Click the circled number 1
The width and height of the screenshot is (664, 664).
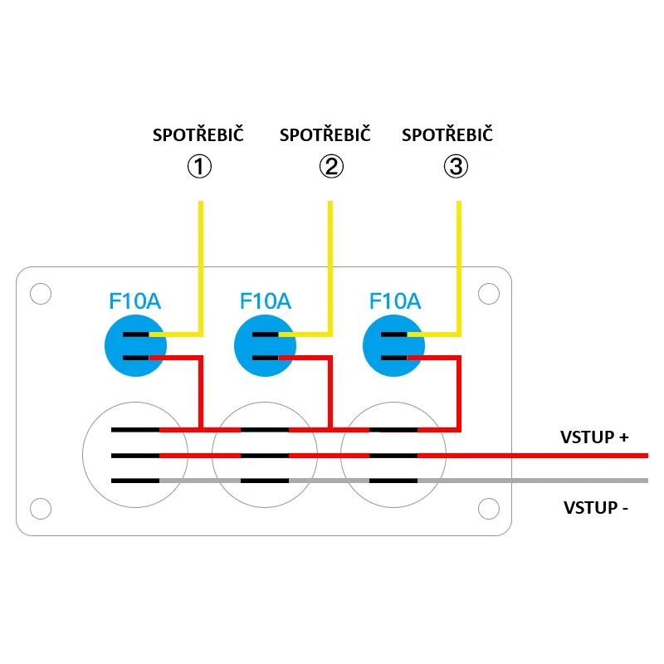pos(199,167)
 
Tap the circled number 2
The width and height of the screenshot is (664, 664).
pos(331,167)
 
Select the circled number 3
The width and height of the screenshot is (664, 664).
pos(456,167)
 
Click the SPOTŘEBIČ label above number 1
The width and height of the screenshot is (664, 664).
pos(198,135)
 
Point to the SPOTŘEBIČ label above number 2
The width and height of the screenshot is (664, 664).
pos(325,135)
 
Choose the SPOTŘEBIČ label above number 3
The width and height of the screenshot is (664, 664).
pos(447,135)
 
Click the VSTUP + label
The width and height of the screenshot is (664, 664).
pos(594,437)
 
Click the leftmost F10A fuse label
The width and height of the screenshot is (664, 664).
pos(135,300)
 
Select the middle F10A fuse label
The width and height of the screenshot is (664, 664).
pos(265,300)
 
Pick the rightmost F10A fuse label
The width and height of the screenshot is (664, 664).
pos(395,300)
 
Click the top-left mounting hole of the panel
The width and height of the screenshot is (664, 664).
pos(40,294)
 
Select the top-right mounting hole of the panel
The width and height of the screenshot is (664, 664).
pos(489,294)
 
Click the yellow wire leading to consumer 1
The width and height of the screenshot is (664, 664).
pos(200,266)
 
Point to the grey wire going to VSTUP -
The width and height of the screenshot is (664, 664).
pos(539,481)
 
